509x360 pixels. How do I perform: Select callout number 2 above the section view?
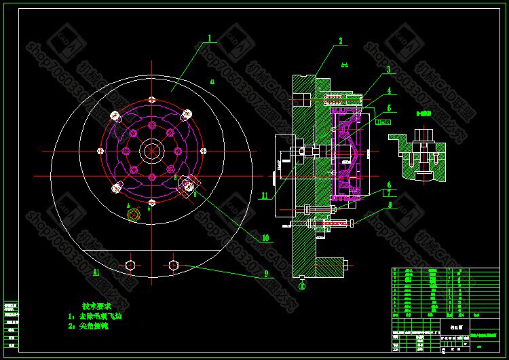coord(342,41)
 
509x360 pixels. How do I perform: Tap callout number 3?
coord(388,69)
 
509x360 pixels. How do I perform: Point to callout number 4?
coord(389,89)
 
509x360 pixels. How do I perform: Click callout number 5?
coord(389,107)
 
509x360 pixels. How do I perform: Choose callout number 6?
coord(389,184)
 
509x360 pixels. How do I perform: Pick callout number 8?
coord(389,203)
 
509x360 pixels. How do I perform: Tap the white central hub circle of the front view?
coord(151,151)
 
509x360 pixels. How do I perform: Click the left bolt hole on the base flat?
coord(130,264)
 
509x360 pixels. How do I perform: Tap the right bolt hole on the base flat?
coord(174,264)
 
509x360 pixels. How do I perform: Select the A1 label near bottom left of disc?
coord(96,272)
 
